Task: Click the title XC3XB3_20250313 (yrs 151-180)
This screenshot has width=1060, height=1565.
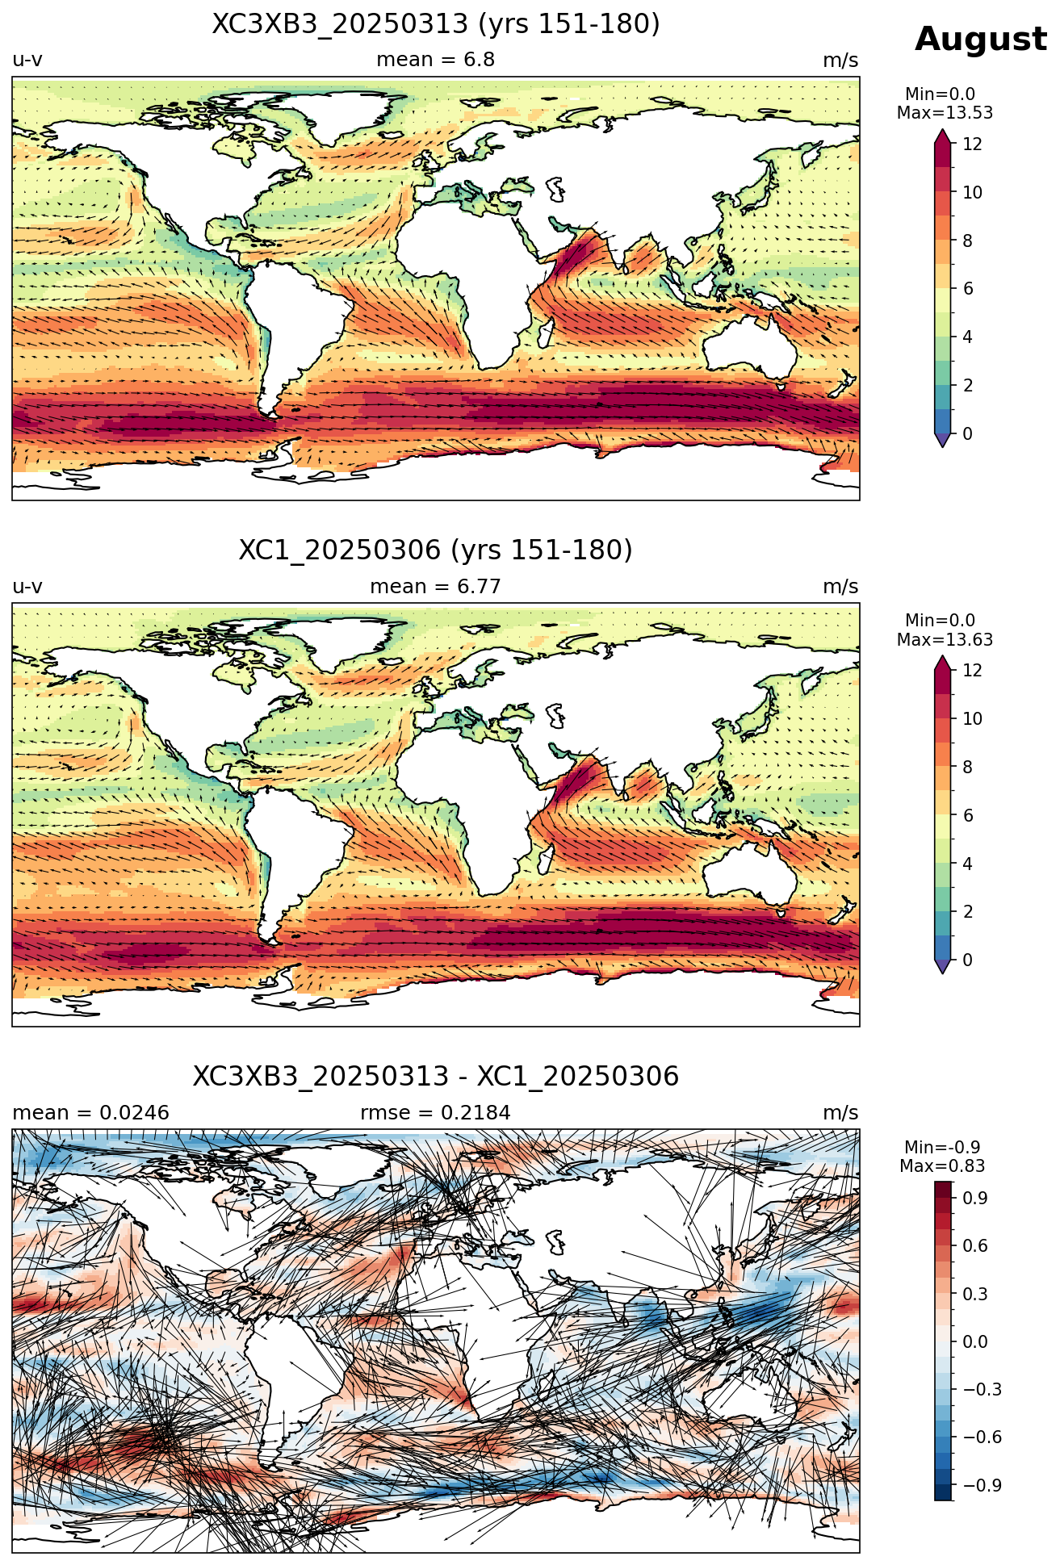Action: [436, 24]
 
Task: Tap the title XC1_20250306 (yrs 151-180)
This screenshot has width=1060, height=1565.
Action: [436, 550]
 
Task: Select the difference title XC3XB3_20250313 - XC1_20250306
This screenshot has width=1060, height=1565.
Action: [436, 1077]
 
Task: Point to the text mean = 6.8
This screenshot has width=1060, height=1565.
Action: [436, 60]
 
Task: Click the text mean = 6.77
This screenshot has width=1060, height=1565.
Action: [436, 587]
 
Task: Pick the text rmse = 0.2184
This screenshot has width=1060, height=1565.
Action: [436, 1113]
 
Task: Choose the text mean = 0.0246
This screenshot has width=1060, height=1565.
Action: [91, 1113]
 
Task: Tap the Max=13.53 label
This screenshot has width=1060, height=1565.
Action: [945, 113]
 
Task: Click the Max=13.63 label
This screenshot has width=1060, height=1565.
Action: [945, 640]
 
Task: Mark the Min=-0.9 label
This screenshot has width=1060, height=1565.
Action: [942, 1148]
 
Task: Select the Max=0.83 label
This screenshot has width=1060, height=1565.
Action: [942, 1166]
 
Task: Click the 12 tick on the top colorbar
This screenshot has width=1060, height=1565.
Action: [972, 144]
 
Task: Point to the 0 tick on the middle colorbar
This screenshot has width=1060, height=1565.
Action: [967, 960]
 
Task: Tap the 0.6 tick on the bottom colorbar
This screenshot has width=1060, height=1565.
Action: [975, 1246]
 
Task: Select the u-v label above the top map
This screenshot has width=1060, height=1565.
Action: [27, 61]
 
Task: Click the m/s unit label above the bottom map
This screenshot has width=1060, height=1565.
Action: [840, 1113]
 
